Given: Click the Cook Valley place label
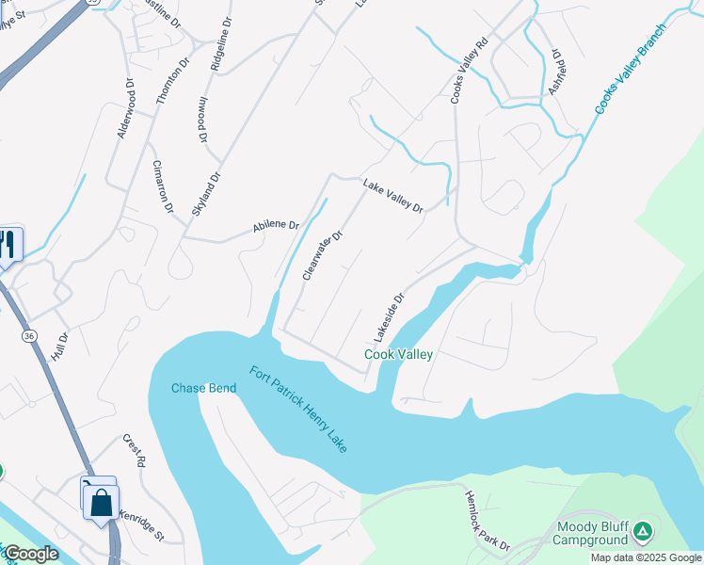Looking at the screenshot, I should (x=398, y=355).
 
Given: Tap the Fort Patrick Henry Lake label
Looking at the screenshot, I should (x=298, y=409).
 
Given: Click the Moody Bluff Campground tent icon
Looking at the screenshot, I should (x=643, y=532).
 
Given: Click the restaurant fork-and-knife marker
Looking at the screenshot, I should (x=8, y=246).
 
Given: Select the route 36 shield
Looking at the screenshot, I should (x=29, y=334).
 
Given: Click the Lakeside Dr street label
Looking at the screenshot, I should (x=388, y=316).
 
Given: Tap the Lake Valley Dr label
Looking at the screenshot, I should (x=393, y=196).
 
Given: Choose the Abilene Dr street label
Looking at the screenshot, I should (x=275, y=226).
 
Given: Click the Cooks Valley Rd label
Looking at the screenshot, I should (x=470, y=71).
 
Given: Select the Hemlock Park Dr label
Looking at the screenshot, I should (x=486, y=520).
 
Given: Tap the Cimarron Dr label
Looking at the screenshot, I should (x=163, y=186).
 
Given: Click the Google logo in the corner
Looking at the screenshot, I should (x=31, y=554).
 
